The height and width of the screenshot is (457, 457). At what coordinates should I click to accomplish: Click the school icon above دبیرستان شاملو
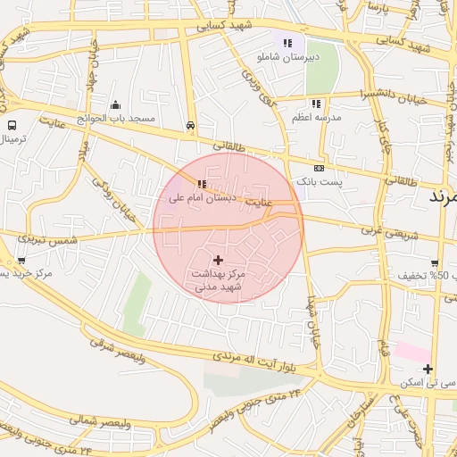click(287, 42)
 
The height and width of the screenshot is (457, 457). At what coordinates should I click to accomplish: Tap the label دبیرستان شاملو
click(287, 56)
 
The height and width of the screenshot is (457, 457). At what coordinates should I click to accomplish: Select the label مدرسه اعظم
click(316, 118)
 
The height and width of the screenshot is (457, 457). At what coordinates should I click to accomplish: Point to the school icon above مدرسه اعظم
click(316, 104)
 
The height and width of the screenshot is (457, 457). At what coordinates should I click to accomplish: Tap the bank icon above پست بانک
click(320, 168)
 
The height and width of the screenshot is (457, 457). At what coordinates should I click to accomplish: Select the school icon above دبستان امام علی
click(188, 185)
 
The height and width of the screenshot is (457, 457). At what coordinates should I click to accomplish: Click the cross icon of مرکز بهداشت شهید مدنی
click(219, 259)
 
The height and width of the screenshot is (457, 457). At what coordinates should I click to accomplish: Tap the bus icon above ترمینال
click(12, 126)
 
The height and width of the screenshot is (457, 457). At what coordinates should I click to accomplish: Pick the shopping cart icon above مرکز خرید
click(21, 261)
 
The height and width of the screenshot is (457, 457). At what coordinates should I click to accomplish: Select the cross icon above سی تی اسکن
click(428, 369)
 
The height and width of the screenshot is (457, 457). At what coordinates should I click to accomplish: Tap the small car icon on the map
click(191, 126)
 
